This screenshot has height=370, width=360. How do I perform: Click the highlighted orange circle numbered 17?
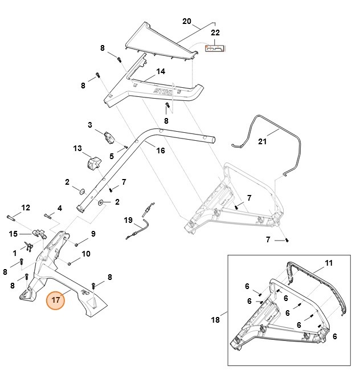click(x=56, y=299)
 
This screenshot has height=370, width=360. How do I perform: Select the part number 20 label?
click(x=187, y=22)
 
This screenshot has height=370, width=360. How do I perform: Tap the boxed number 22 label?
click(x=215, y=34)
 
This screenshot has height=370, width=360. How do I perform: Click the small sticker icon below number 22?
click(x=215, y=49)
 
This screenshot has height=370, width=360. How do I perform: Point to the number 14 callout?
click(x=161, y=71)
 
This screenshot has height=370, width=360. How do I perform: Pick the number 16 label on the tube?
click(x=161, y=151)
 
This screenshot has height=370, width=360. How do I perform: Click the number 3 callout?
click(x=90, y=125)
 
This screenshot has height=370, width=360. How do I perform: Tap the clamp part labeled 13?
click(x=92, y=162)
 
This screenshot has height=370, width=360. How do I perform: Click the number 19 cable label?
click(x=128, y=219)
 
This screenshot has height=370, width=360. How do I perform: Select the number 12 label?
click(x=25, y=207)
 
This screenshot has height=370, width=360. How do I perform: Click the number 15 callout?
click(x=13, y=234)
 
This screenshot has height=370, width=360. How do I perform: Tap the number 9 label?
click(x=93, y=233)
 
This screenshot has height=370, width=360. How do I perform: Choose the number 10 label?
click(x=86, y=254)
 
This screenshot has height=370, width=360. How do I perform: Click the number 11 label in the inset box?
click(x=329, y=263)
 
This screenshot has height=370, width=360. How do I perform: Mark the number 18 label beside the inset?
click(x=215, y=320)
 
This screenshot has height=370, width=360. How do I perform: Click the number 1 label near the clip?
click(x=15, y=252)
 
